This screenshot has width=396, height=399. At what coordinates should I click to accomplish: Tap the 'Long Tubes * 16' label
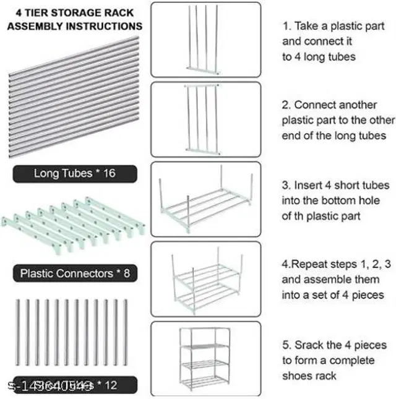coord(74,173)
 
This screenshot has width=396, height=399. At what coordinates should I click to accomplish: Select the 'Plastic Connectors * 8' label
coord(75,273)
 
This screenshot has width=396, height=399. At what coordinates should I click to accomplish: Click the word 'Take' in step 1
coord(306,27)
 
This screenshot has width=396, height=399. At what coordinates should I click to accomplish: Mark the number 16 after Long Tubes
coord(109,173)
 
